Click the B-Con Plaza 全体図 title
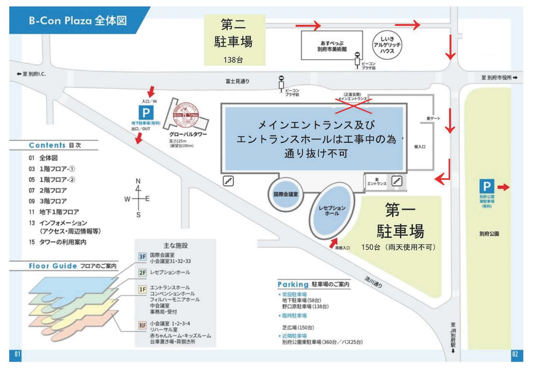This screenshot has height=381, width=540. pyautogui.click(x=78, y=21)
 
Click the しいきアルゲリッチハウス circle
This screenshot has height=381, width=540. pyautogui.click(x=387, y=45)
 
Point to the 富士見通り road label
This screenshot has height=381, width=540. pyautogui.click(x=237, y=81)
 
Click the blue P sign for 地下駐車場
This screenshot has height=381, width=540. pyautogui.click(x=146, y=113)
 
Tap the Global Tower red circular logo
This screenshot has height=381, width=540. pyautogui.click(x=185, y=115)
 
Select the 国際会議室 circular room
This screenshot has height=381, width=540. pyautogui.click(x=286, y=194)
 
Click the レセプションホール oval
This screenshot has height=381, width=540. pyautogui.click(x=332, y=211)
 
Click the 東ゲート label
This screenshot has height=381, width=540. pyautogui.click(x=433, y=118)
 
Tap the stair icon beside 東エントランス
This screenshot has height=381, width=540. pyautogui.click(x=397, y=181)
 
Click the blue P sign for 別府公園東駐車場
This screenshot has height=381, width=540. pyautogui.click(x=486, y=186)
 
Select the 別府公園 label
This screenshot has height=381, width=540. pyautogui.click(x=489, y=234)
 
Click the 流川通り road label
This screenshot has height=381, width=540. pyautogui.click(x=373, y=282)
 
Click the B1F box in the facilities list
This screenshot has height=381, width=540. pyautogui.click(x=142, y=325)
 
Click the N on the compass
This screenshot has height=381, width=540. pyautogui.click(x=138, y=181)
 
